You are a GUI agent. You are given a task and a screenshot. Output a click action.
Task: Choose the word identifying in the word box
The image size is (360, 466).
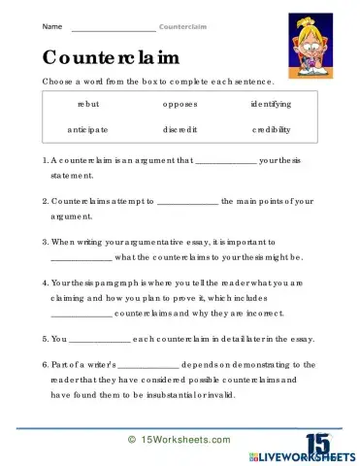pos(271,103)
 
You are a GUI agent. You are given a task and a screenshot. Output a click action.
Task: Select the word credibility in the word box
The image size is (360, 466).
pos(271,128)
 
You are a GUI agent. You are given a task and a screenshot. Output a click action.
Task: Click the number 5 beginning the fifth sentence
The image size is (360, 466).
pos(44,340)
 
